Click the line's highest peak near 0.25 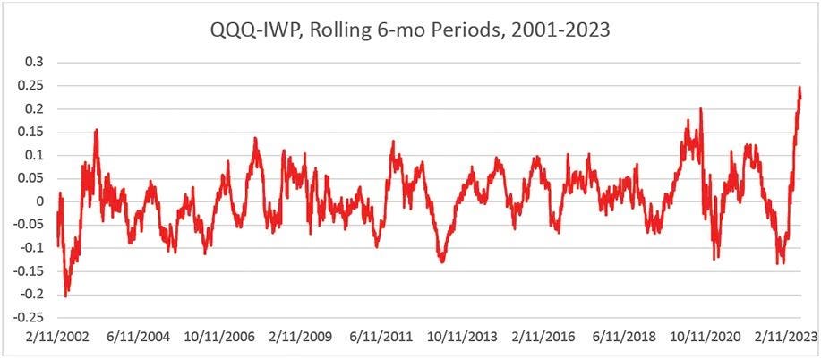click(x=799, y=87)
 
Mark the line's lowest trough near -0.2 click(x=65, y=296)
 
